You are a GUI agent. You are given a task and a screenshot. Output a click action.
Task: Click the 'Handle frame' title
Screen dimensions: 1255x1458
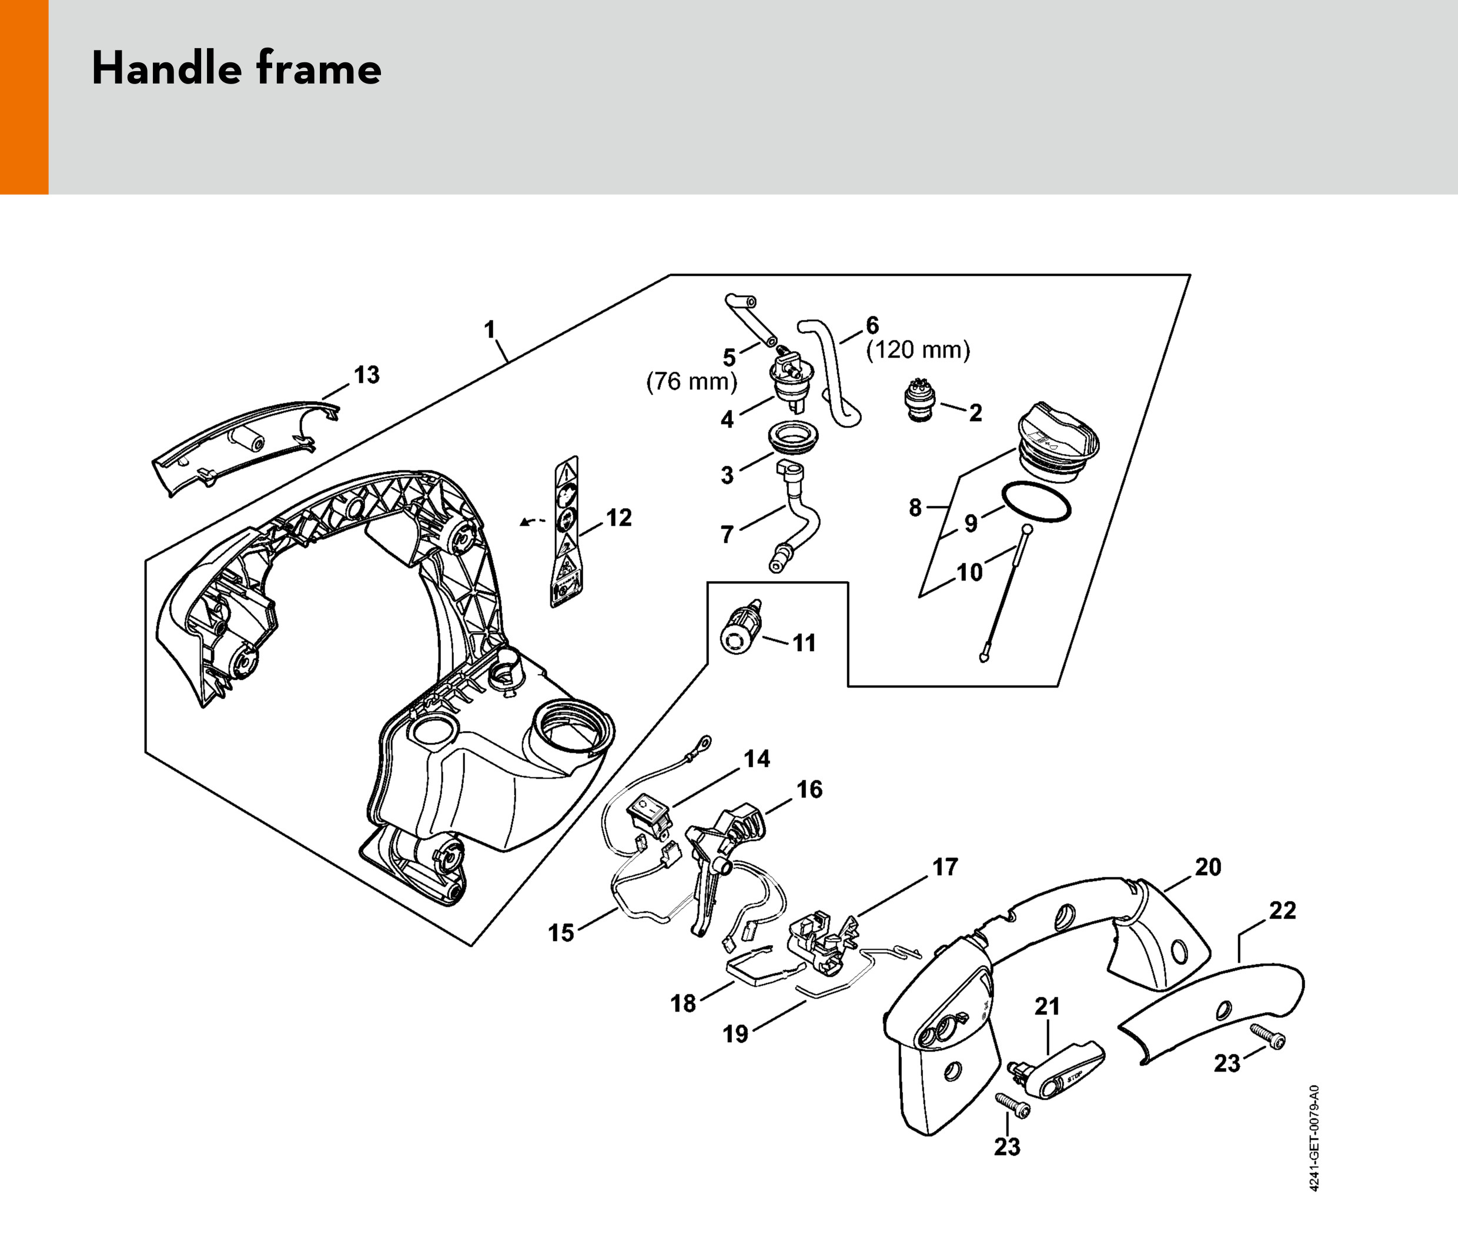(236, 69)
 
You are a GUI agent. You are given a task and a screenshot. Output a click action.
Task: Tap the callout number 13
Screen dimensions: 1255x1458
(366, 375)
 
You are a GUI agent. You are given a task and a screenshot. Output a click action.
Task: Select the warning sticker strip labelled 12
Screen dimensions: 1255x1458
(565, 532)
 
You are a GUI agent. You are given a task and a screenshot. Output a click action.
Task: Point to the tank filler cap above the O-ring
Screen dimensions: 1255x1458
(1058, 442)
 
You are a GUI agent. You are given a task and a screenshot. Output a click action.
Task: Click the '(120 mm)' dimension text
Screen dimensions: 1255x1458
(918, 350)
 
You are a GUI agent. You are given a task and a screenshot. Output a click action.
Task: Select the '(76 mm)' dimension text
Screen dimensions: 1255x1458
(692, 382)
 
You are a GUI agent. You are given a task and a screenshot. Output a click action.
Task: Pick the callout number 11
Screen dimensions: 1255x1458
(804, 643)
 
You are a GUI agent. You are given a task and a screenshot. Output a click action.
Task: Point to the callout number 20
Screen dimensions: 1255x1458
(1208, 867)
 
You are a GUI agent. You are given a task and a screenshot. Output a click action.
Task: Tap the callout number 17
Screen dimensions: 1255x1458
(945, 867)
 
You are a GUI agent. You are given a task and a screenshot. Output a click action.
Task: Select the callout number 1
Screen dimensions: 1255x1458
(490, 329)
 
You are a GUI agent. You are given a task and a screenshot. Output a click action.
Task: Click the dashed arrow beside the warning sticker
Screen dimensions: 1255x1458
(532, 521)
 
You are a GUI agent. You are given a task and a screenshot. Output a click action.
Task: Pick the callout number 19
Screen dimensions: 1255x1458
(735, 1034)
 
